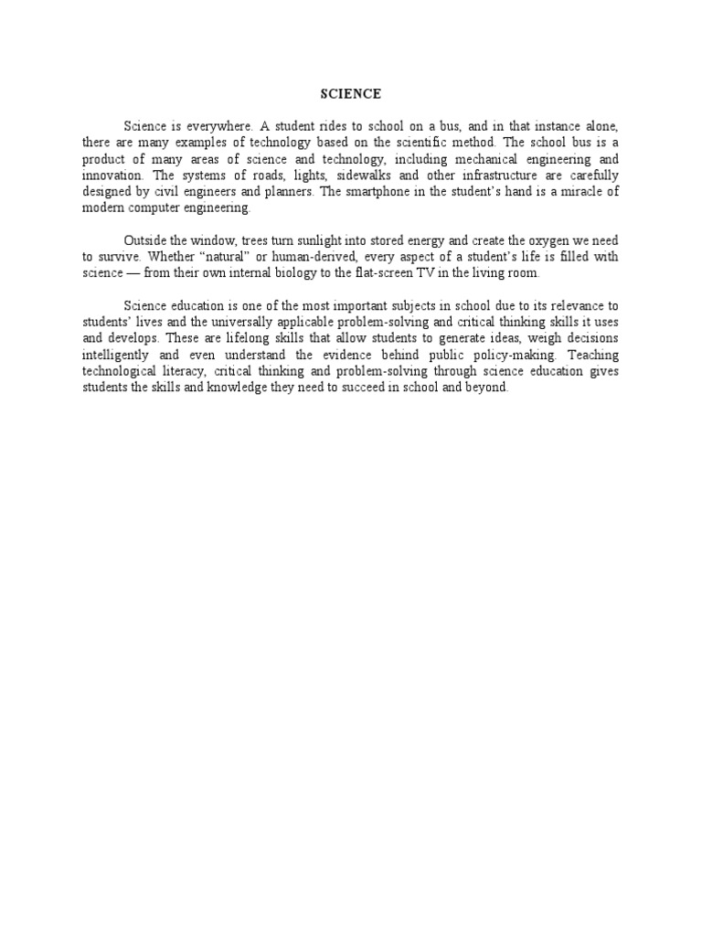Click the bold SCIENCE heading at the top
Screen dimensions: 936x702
pyautogui.click(x=350, y=93)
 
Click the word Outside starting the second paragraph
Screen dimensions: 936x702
pyautogui.click(x=145, y=239)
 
